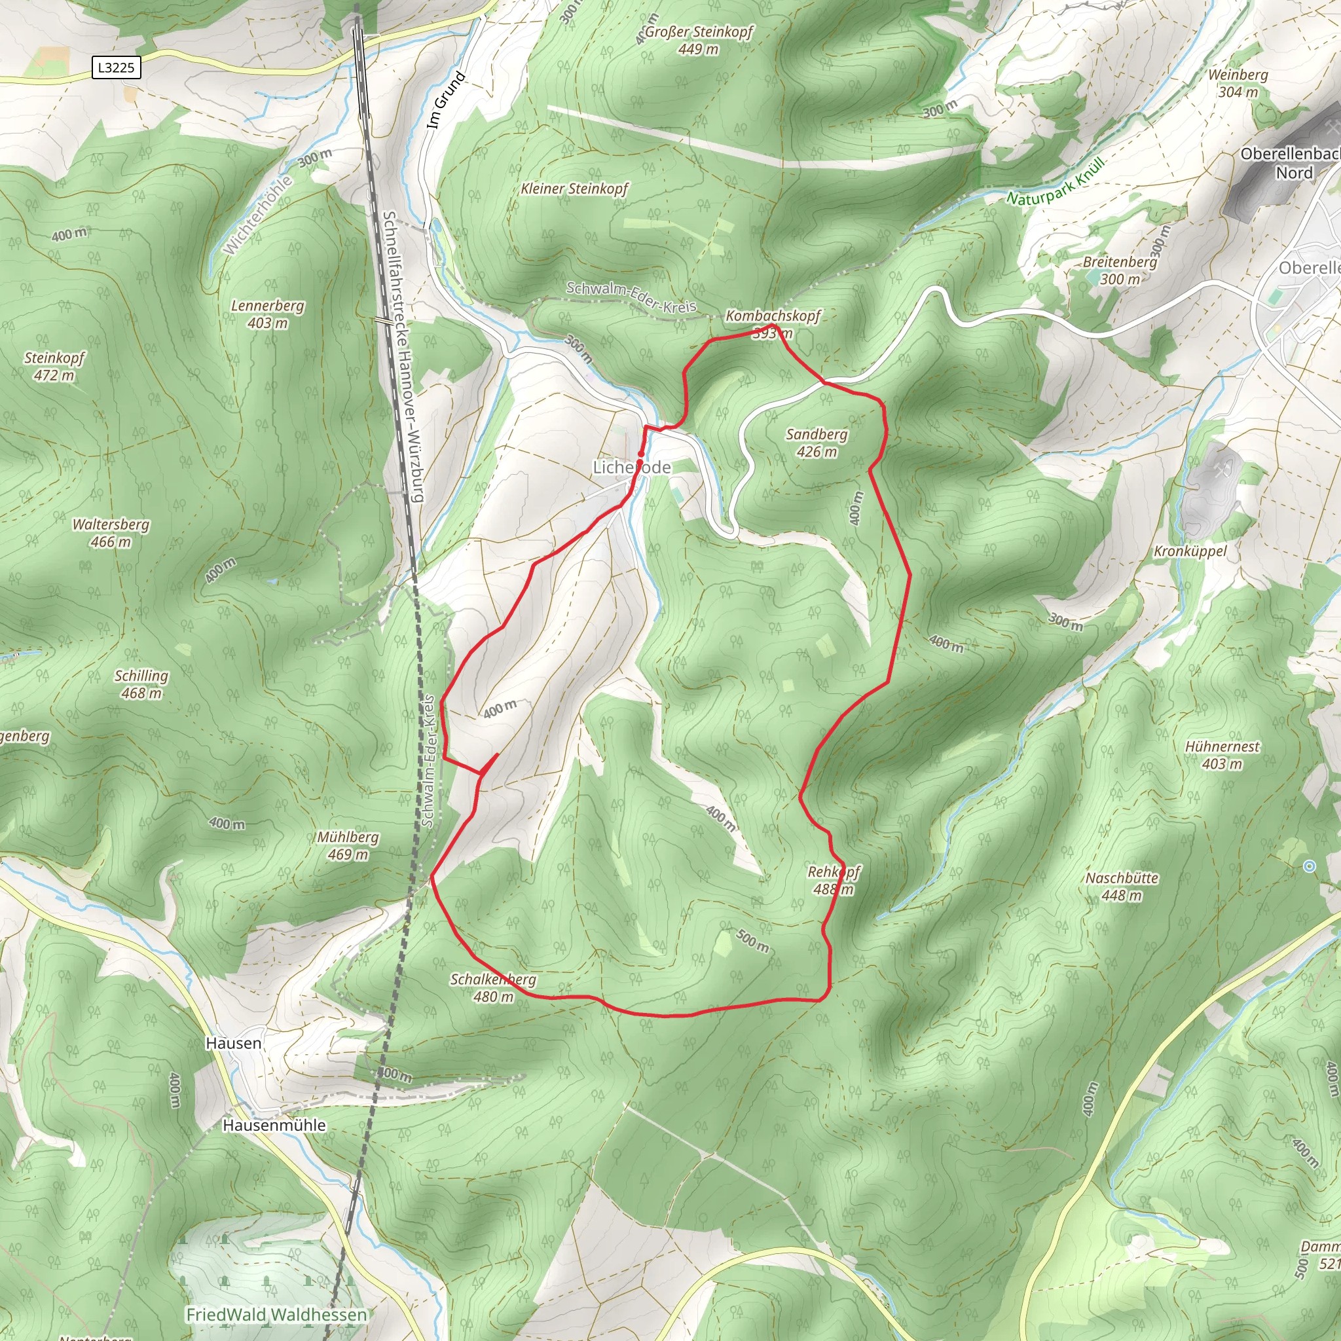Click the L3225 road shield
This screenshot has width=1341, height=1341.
tap(116, 67)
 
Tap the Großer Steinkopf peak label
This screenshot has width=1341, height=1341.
tap(698, 40)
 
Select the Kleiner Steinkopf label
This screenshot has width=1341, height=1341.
tap(575, 189)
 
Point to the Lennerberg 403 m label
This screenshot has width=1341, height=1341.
tap(268, 314)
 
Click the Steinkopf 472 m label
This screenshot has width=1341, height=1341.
tap(54, 367)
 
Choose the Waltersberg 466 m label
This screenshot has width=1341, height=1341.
tap(111, 533)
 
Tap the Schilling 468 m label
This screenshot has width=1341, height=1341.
tap(141, 684)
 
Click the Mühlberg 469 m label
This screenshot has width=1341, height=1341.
tap(348, 845)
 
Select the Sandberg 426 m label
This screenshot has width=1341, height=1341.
tap(817, 443)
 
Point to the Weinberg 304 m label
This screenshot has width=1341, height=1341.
tap(1238, 83)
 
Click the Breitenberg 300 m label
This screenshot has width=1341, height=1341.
tap(1120, 270)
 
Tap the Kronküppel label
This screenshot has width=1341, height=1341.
tap(1190, 551)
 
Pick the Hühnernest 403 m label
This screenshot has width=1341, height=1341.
tap(1222, 755)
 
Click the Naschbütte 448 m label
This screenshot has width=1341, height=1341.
tap(1122, 887)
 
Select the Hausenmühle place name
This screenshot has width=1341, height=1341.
tap(274, 1125)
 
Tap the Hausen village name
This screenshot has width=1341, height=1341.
tap(234, 1043)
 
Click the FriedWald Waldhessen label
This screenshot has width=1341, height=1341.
tap(276, 1315)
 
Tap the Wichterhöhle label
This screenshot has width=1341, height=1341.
tap(257, 215)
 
